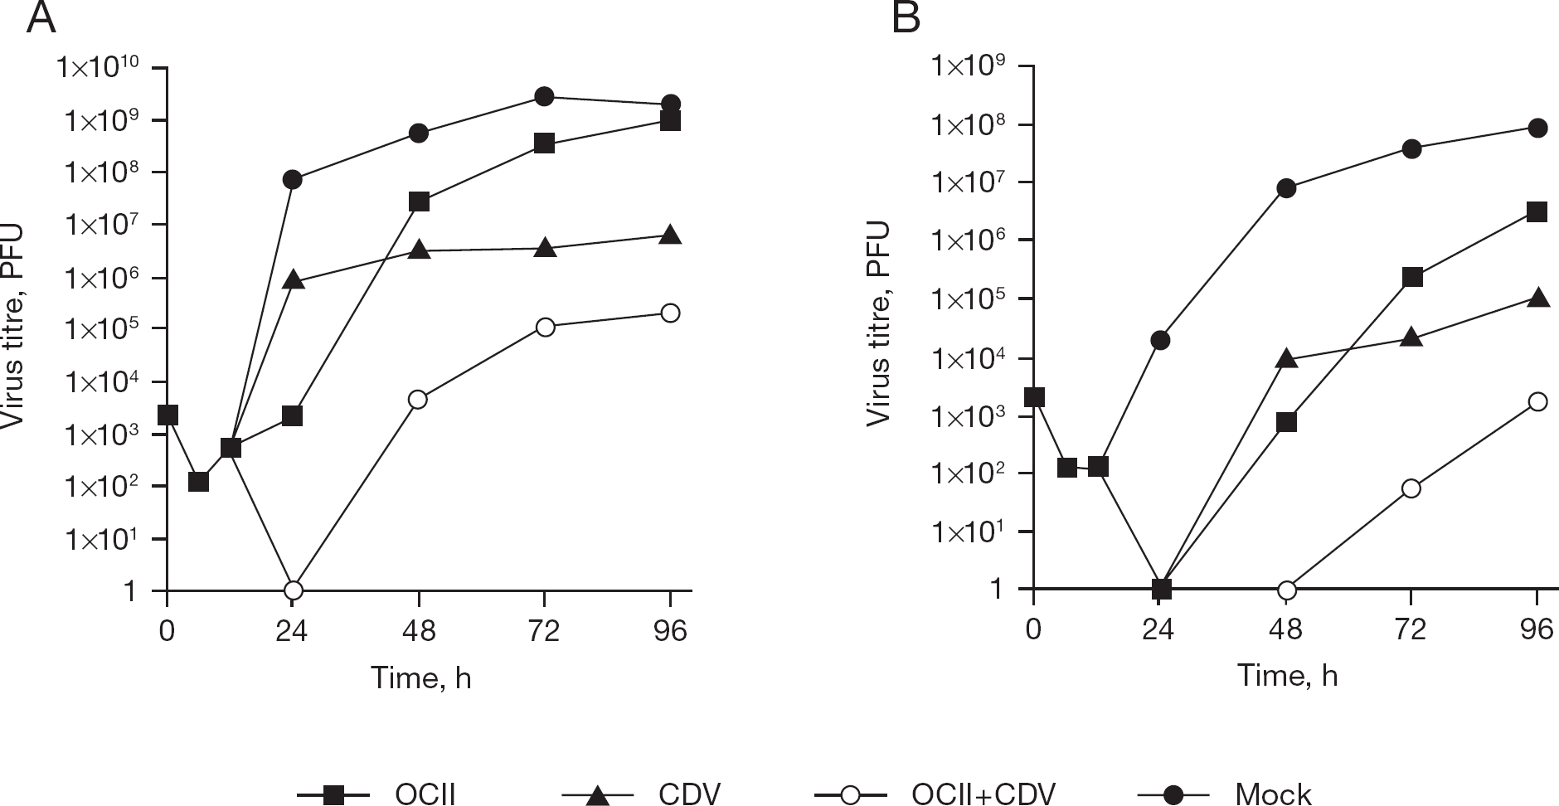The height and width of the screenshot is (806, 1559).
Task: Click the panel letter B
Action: tap(906, 17)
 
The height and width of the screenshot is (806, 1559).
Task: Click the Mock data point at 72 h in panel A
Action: tap(544, 96)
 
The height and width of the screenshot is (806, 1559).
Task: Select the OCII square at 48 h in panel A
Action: tap(419, 201)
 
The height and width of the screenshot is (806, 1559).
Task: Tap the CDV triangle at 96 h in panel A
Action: tap(670, 235)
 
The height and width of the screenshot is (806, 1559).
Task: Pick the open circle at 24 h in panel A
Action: tap(293, 590)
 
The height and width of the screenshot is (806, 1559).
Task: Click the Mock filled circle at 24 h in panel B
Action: tap(1160, 340)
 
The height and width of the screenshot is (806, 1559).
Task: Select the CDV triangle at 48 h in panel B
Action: tap(1286, 358)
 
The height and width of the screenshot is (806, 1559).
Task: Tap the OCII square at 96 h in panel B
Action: tap(1537, 212)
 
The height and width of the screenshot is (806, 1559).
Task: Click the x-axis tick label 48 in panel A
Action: tap(419, 632)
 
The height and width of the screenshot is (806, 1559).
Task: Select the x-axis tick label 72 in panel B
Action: tap(1411, 630)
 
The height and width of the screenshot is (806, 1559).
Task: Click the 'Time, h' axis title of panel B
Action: tap(1287, 676)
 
